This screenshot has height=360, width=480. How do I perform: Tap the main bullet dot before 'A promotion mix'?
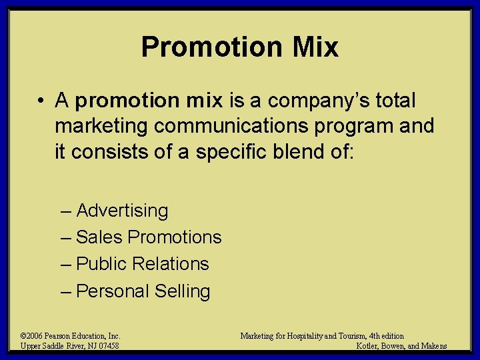tap(41, 101)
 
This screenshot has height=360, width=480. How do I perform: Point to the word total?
tap(395, 101)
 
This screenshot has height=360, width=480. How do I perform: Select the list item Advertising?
tap(122, 211)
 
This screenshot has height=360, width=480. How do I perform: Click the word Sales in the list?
tap(99, 237)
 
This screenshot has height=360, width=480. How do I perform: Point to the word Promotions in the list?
tap(175, 237)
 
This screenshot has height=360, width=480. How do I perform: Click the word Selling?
tap(182, 291)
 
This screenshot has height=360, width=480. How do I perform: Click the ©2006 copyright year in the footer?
tap(31, 336)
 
